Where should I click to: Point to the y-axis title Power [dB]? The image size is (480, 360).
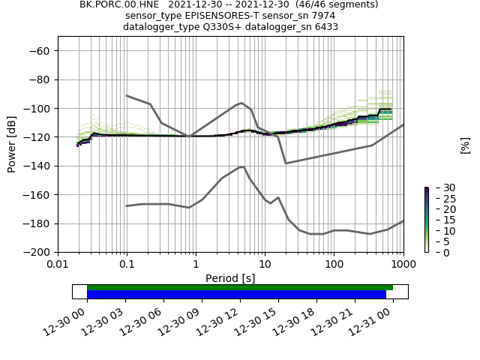[12, 144]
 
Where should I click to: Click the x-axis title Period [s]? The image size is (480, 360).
[230, 278]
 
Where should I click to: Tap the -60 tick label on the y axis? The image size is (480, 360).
[41, 50]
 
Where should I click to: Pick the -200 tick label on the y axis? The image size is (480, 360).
[38, 253]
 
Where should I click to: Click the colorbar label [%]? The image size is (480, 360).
[465, 145]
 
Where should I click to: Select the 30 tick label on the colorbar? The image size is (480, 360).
[439, 187]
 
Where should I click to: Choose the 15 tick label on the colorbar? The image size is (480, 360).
[439, 220]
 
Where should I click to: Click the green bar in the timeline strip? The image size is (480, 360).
[240, 287]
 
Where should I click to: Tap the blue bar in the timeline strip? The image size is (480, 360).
[236, 294]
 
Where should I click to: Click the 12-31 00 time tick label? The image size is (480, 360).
[379, 322]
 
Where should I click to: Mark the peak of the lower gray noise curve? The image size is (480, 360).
[241, 166]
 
